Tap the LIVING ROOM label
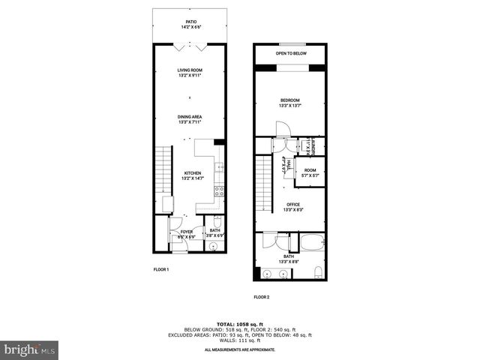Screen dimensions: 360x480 tap(190, 73)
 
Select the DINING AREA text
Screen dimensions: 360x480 tap(190, 118)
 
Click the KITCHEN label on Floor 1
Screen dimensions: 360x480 tap(193, 176)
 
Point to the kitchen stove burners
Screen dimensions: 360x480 tap(219, 191)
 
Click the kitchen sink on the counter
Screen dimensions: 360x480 tap(219, 169)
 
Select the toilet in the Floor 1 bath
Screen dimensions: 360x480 tap(217, 222)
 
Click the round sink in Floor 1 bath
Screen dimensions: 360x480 tap(212, 245)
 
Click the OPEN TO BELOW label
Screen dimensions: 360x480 tap(290, 54)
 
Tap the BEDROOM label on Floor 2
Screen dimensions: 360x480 tap(290, 103)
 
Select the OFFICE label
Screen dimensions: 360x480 tap(292, 206)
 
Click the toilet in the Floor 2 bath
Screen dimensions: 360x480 tap(319, 271)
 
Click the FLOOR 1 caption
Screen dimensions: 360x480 tap(161, 268)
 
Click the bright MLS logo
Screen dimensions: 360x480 tap(30, 349)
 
